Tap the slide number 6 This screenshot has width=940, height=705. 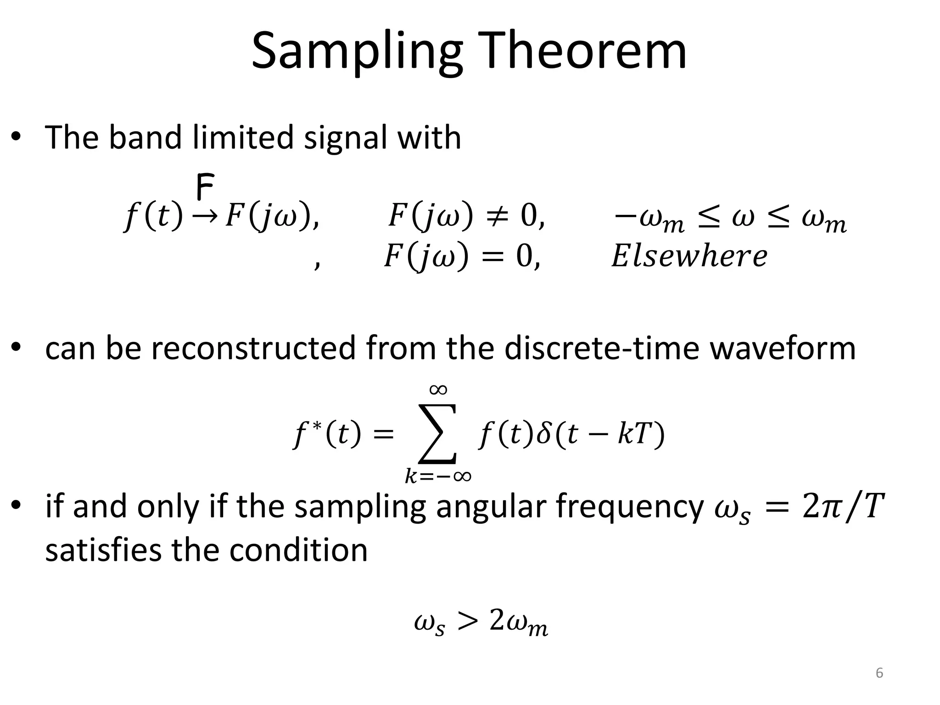tap(879, 673)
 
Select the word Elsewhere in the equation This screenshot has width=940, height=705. tap(689, 256)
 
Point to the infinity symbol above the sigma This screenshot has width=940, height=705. tap(438, 390)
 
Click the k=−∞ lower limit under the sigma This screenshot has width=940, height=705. tap(438, 476)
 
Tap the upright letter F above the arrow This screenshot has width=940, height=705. tap(205, 187)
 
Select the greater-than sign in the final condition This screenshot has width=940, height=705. tap(467, 621)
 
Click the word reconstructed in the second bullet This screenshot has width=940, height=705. tap(254, 348)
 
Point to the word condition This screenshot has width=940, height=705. tap(298, 550)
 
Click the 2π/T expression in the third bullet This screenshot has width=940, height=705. tap(843, 506)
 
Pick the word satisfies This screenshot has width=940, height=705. tap(104, 550)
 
